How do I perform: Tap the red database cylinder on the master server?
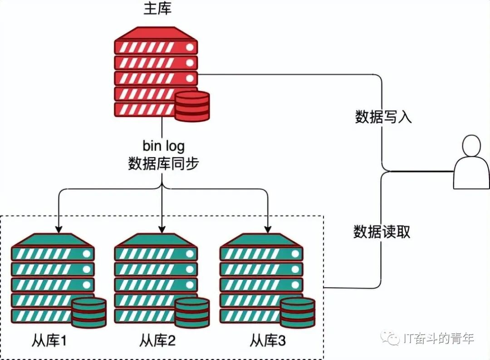point(192,106)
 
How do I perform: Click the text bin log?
point(163,146)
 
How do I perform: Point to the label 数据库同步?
point(163,163)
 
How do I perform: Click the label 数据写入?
point(383,117)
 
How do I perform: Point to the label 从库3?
point(268,340)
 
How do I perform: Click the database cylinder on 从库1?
point(88,312)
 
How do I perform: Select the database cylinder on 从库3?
point(297,312)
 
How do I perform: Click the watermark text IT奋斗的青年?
point(438,338)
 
